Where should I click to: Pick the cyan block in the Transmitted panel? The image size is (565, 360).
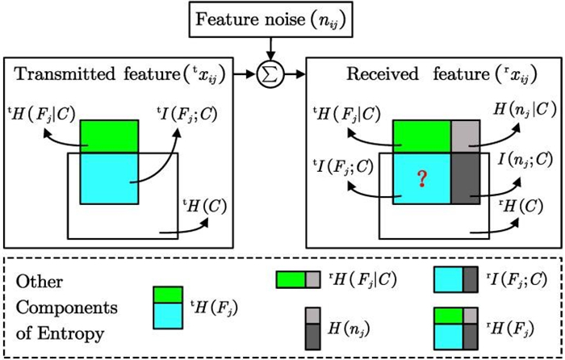click(109, 178)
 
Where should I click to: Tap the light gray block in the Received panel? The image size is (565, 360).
click(465, 134)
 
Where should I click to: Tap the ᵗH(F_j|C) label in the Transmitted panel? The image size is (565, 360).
click(41, 112)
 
